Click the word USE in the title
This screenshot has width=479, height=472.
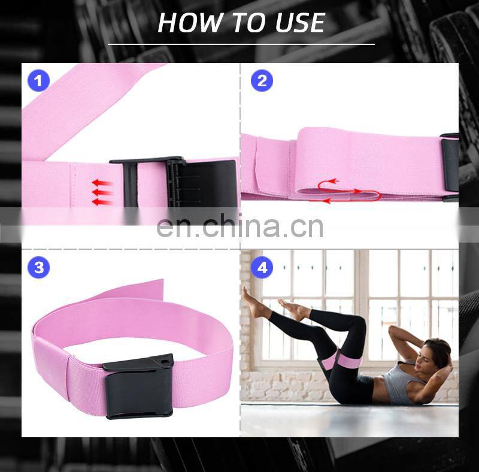coord(300,23)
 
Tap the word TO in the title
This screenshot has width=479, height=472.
coord(248,23)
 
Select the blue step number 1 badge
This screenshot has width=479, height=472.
coord(38,81)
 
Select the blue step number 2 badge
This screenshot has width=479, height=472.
coord(262,81)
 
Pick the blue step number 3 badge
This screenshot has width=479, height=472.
coord(38,268)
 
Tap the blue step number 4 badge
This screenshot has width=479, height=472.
coord(262,268)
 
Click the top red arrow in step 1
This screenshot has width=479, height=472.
coord(102,183)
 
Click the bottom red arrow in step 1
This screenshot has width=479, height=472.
coord(102,202)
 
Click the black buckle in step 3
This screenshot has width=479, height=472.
coord(139,386)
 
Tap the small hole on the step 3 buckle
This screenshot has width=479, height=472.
coord(165,362)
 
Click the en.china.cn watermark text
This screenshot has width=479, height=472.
coord(240,227)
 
